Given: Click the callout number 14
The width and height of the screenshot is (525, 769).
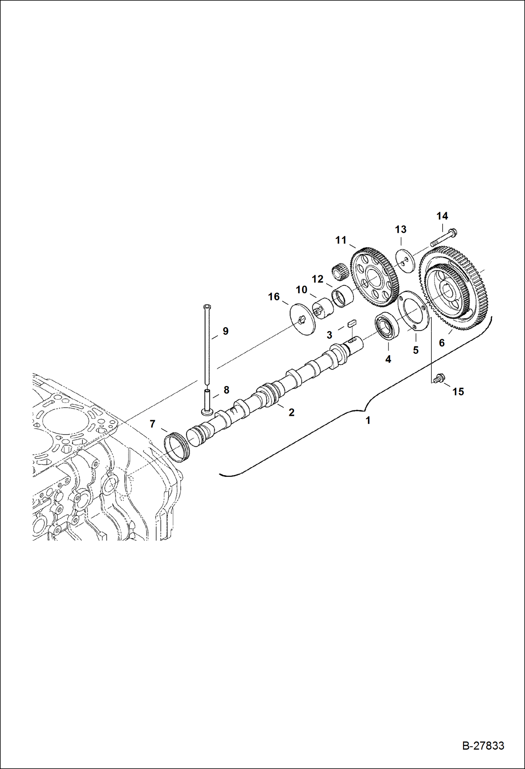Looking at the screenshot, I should [x=442, y=216].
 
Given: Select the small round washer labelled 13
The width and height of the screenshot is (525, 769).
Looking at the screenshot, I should [x=405, y=260].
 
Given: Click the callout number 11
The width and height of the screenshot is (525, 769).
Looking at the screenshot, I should [x=341, y=240].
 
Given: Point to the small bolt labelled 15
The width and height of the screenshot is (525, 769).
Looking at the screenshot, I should [x=438, y=378].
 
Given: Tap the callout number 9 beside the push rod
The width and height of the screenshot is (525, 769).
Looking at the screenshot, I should [x=225, y=331].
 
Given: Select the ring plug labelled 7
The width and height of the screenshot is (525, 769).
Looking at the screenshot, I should [x=177, y=448].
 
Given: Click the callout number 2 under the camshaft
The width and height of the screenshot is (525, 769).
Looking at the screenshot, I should [x=291, y=412].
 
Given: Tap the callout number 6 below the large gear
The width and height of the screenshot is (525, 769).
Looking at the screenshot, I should [x=442, y=343].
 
